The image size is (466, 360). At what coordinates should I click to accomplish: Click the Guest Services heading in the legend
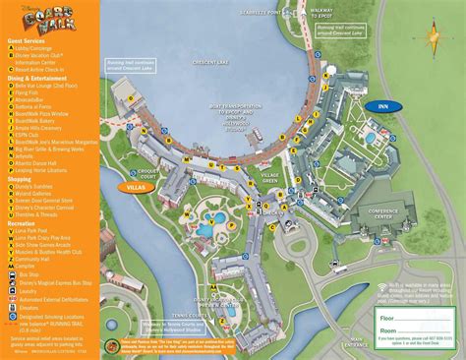30,41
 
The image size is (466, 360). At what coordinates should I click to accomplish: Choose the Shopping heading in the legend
26,178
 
